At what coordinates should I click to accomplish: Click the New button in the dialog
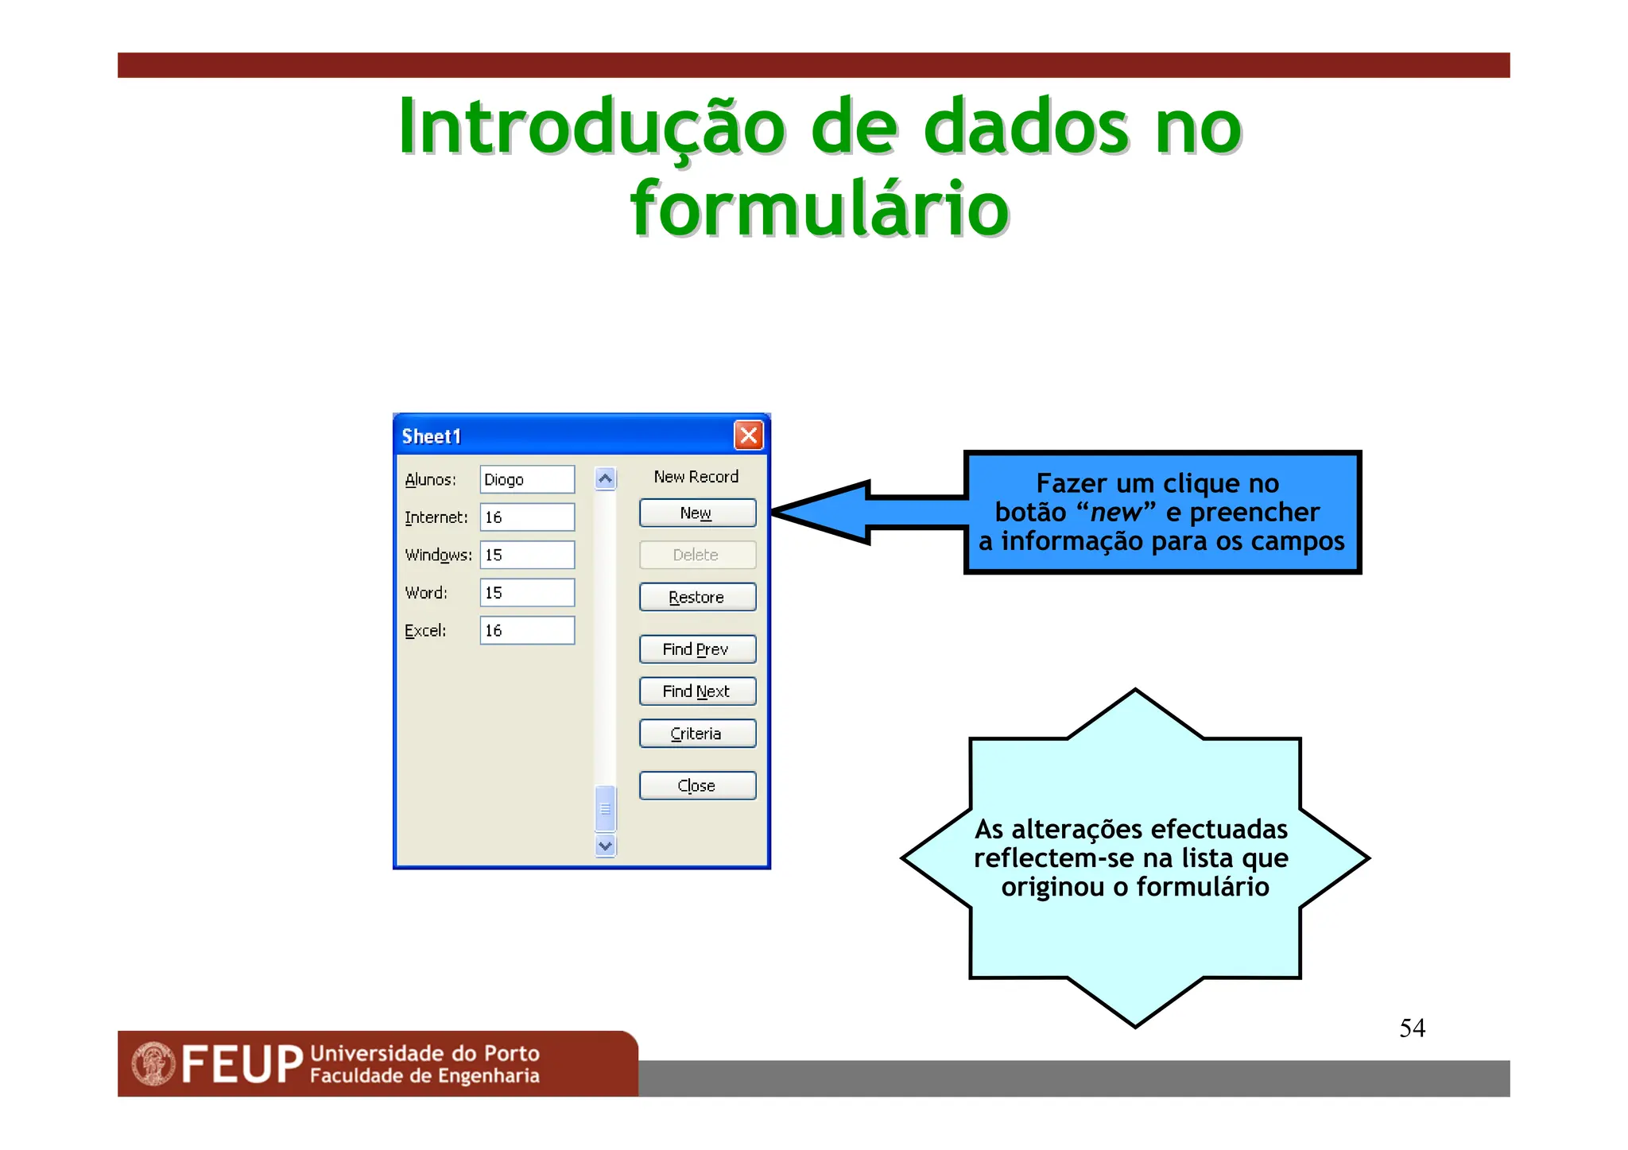pos(697,513)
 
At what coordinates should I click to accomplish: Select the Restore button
pos(697,598)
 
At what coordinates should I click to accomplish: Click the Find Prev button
pos(697,649)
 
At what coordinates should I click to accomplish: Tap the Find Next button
pos(697,691)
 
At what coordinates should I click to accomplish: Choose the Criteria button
pos(697,734)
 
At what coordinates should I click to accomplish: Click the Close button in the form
pos(697,786)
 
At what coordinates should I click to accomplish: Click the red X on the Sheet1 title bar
pos(748,436)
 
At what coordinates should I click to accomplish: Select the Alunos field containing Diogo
pos(526,480)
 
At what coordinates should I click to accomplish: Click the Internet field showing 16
pos(526,517)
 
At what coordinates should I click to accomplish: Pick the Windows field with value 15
pos(526,555)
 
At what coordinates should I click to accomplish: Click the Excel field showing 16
pos(526,630)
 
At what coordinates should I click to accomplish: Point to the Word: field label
pos(426,593)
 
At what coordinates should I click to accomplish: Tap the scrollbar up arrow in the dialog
pos(605,479)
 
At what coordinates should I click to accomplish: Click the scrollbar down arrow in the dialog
pos(605,846)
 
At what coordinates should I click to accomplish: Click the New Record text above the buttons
pos(696,477)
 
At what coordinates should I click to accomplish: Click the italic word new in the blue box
pos(1115,513)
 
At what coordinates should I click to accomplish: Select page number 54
pos(1412,1028)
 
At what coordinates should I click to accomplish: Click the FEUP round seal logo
pos(153,1063)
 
